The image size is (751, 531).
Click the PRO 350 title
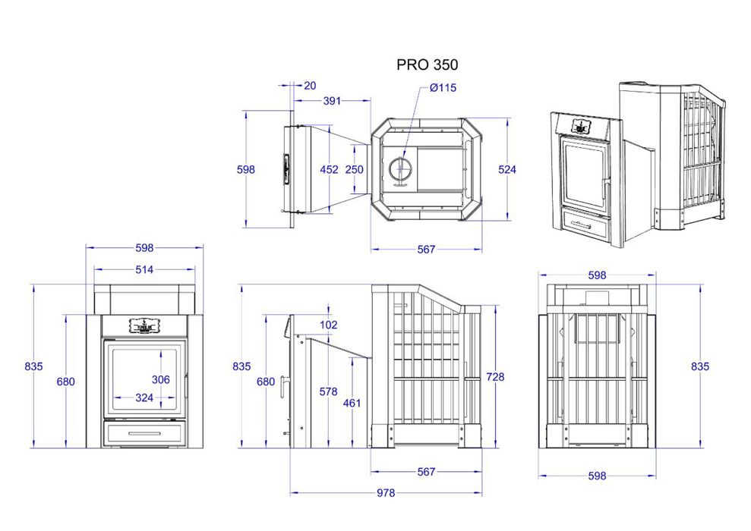click(x=427, y=64)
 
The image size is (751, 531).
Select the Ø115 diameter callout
click(x=443, y=87)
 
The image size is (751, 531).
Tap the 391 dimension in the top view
click(x=332, y=101)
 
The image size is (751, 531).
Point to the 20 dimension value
click(x=310, y=86)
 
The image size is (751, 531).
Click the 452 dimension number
click(x=329, y=169)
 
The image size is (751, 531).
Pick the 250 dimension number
click(x=355, y=169)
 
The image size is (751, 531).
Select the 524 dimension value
click(x=506, y=169)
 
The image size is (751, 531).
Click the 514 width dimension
click(x=144, y=270)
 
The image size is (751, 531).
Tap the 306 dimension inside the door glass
click(x=160, y=380)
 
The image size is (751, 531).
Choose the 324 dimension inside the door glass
click(x=144, y=397)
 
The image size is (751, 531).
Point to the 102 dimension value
click(x=329, y=325)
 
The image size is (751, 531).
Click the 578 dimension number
click(x=329, y=391)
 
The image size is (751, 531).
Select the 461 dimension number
click(x=352, y=404)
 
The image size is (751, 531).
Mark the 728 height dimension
click(x=495, y=377)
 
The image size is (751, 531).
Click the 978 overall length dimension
click(x=386, y=493)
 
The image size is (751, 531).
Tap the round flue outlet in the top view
click(x=400, y=168)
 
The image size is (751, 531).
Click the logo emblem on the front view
click(x=144, y=325)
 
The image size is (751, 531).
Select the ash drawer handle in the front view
click(x=144, y=433)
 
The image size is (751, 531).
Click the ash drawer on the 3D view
click(x=587, y=225)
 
